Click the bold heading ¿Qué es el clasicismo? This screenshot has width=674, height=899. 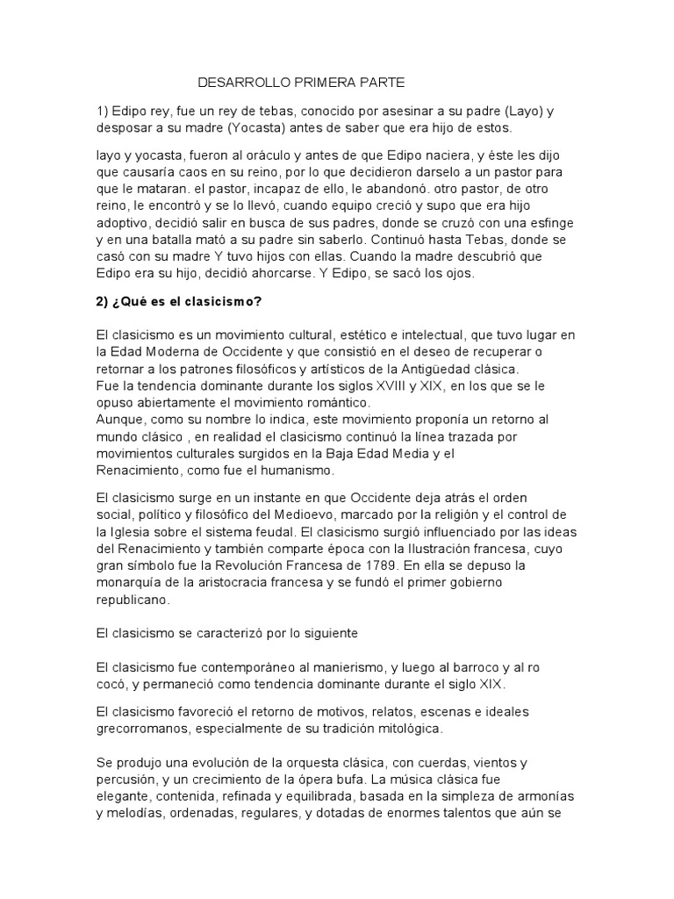click(x=179, y=302)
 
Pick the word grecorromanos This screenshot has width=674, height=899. click(x=140, y=729)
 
